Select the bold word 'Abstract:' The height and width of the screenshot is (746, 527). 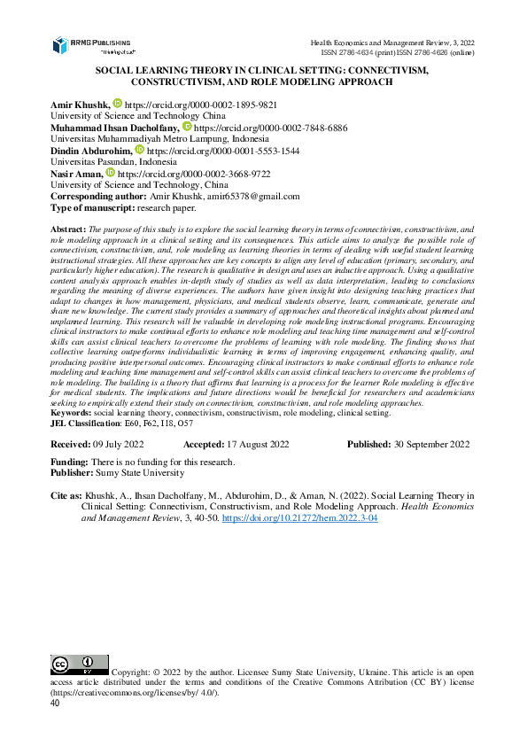[x=68, y=229]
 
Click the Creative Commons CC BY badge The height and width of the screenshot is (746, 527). [x=79, y=664]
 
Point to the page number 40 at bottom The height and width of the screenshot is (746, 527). [x=56, y=703]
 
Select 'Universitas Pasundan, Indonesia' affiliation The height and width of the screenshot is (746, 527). [x=113, y=163]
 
